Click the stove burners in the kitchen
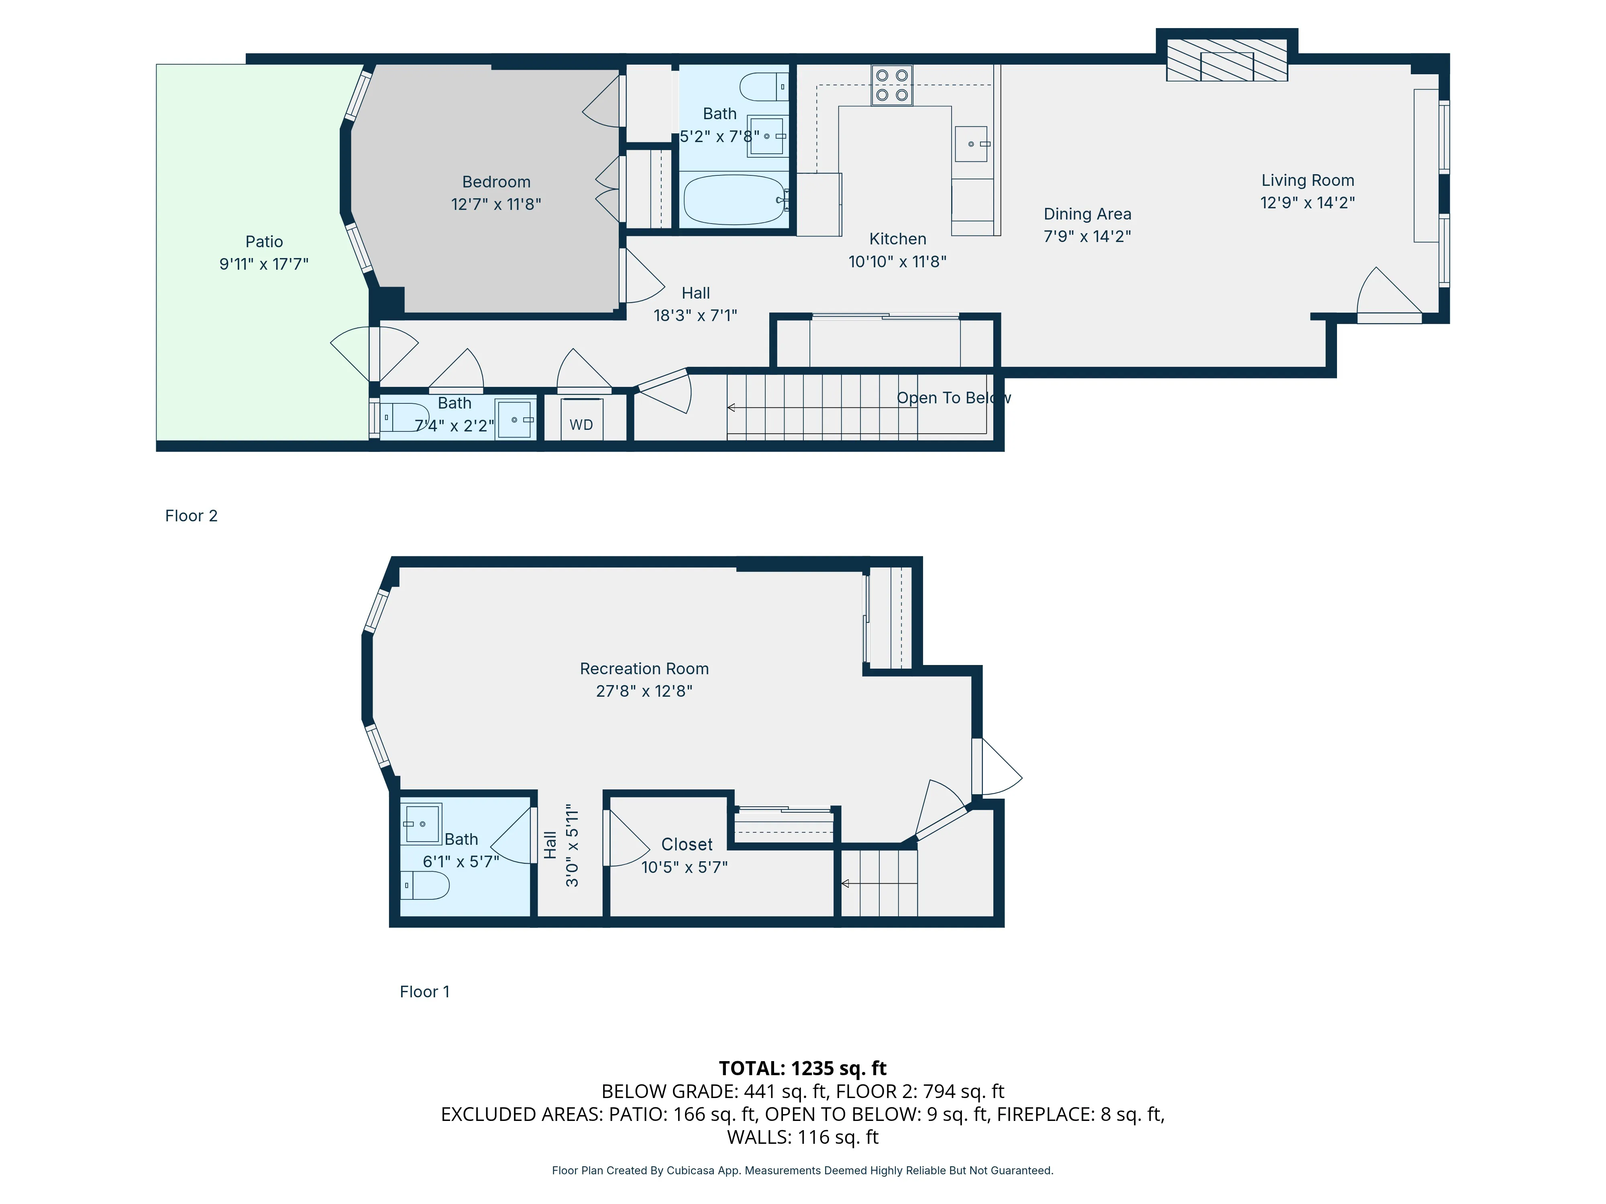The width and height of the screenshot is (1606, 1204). (x=892, y=85)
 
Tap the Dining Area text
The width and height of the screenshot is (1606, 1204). (x=1087, y=214)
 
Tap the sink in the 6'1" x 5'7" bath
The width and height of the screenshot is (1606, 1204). (x=422, y=824)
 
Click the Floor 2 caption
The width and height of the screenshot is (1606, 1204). (x=191, y=516)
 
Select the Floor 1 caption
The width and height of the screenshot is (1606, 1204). (x=425, y=992)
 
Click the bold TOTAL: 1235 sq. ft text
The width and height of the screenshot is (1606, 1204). (x=802, y=1068)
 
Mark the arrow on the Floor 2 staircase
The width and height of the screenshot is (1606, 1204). (x=732, y=408)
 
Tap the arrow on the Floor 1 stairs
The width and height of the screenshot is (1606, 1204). (x=845, y=883)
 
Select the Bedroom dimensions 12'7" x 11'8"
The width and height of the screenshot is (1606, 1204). (x=496, y=205)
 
